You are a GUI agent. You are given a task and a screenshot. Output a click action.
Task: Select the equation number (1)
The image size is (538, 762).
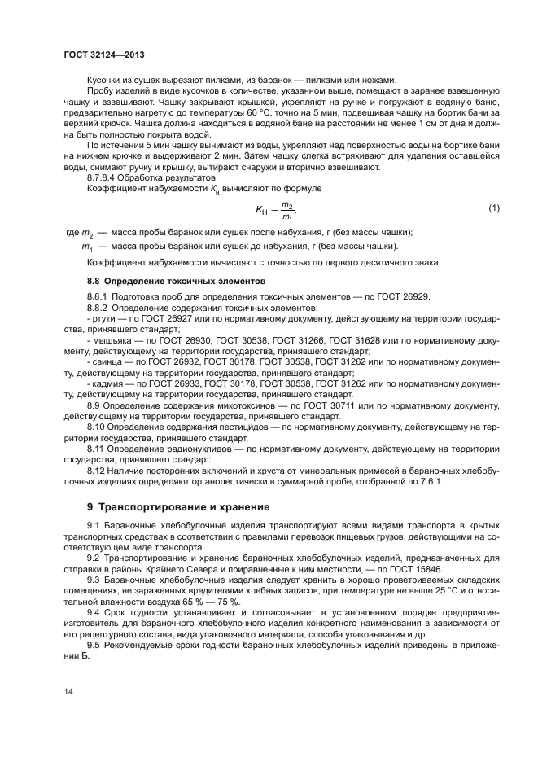tap(493, 209)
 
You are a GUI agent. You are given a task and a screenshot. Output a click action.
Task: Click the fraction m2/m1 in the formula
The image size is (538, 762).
tap(287, 210)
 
